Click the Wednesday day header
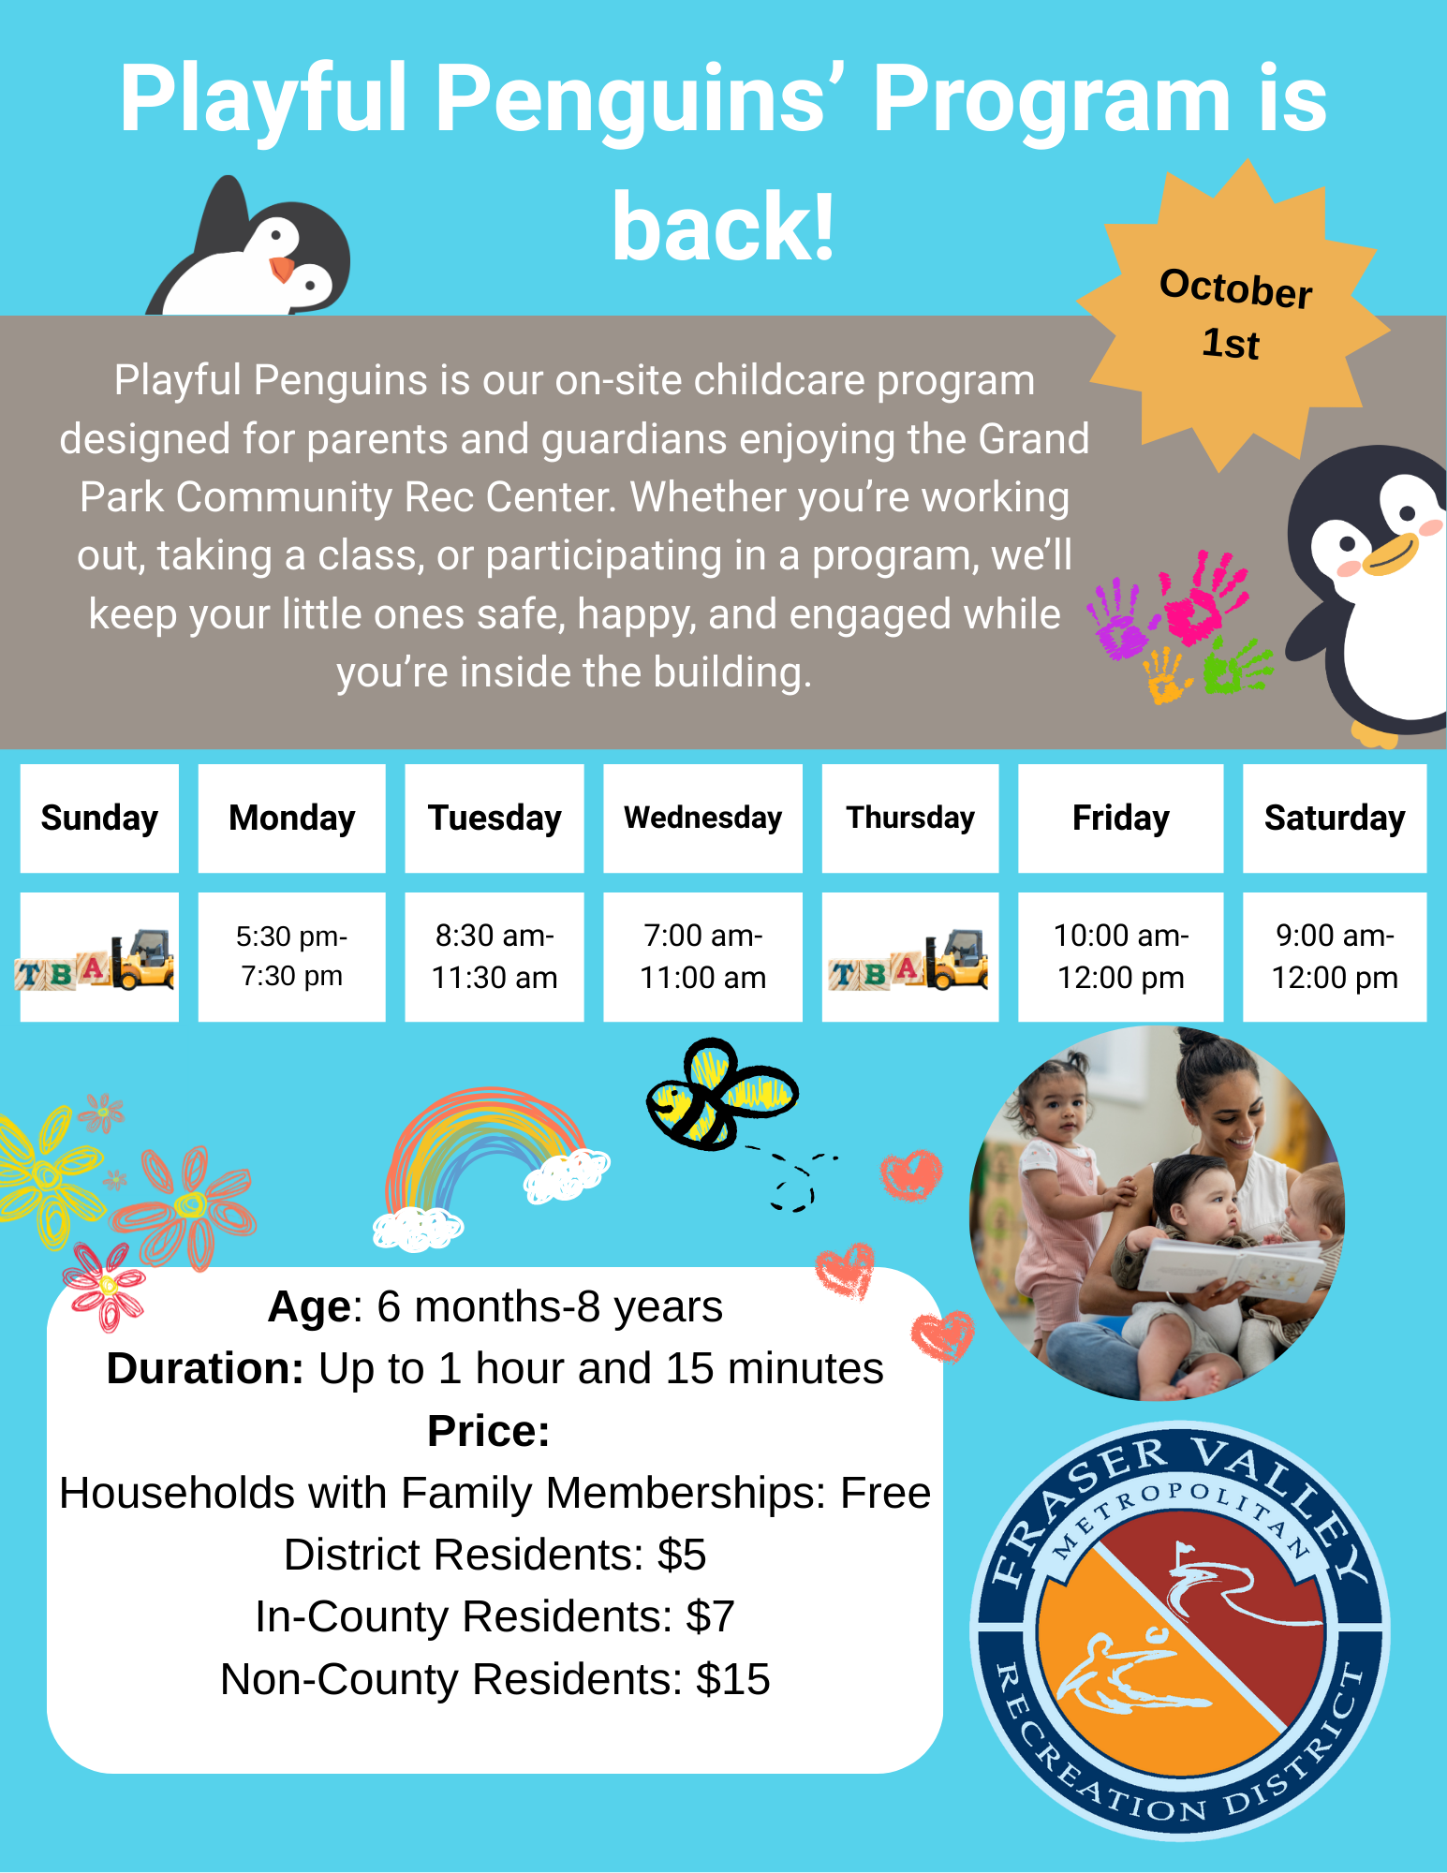(702, 819)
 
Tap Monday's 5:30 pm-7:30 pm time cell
(291, 956)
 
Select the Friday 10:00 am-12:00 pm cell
(1120, 956)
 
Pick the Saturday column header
(1335, 819)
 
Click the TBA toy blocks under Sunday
(61, 972)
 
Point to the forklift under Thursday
(957, 960)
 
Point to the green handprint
(1236, 666)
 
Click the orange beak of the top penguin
(281, 270)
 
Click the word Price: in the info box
(488, 1431)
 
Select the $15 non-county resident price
(732, 1680)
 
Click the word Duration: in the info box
(205, 1368)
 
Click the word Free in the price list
(885, 1493)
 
